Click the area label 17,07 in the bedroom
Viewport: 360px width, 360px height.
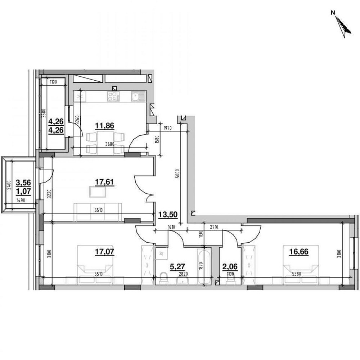point(104,252)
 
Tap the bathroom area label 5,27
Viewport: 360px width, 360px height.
point(175,267)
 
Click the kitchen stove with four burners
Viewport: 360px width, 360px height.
point(113,96)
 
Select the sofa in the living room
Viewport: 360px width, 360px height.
point(98,212)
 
